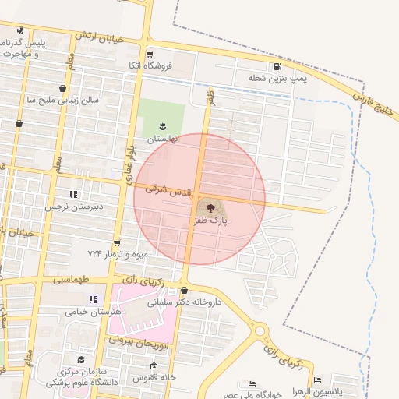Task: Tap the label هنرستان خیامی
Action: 94,312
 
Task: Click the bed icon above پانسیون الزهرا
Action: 317,380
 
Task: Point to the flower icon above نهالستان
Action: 163,126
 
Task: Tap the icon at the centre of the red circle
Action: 210,207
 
